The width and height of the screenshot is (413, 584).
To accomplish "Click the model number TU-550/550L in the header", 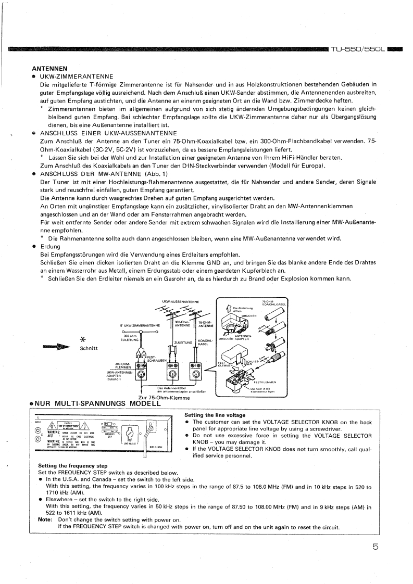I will [357, 49].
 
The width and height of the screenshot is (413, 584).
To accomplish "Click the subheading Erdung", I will [51, 246].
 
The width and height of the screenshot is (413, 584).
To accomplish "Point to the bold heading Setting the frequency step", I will [72, 465].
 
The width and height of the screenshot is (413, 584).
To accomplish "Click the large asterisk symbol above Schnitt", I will [81, 339].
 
